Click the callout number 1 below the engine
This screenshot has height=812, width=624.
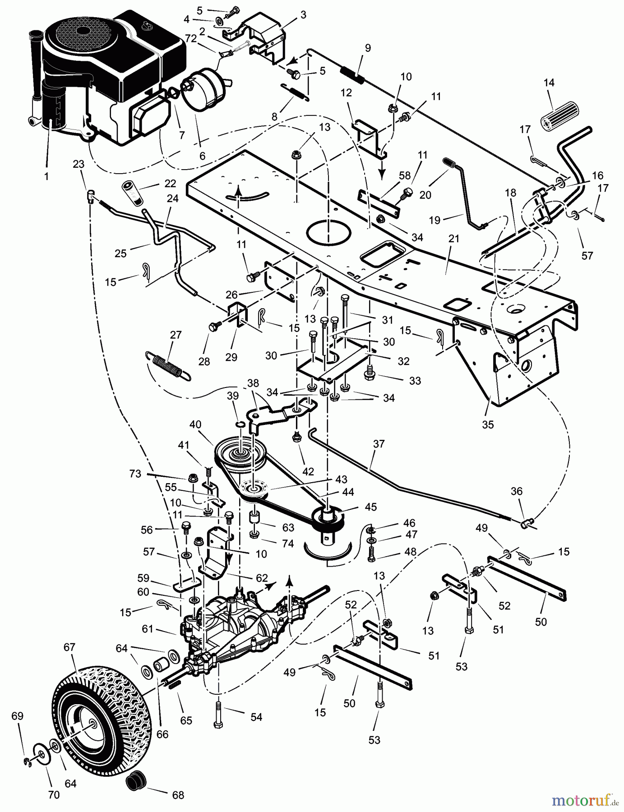click(46, 177)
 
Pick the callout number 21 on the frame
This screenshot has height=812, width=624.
click(453, 239)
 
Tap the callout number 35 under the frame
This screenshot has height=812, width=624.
click(488, 424)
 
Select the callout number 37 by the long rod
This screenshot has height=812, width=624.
click(379, 444)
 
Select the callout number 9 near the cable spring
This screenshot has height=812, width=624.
click(368, 48)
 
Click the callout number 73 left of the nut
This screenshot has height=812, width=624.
click(135, 474)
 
